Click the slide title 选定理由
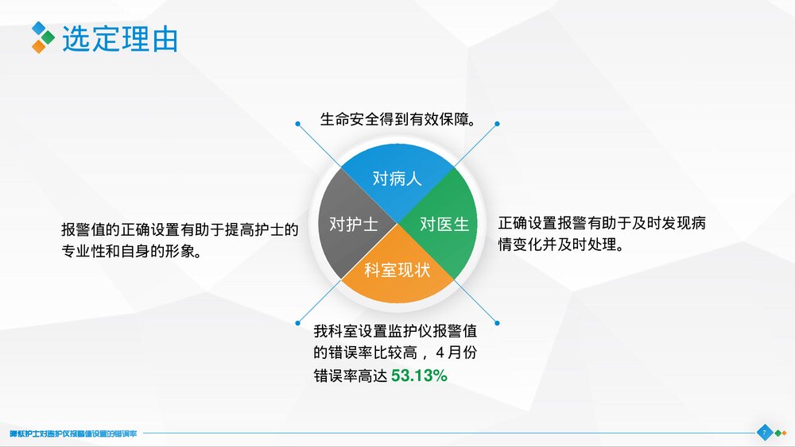[x=120, y=38]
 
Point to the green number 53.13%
[x=419, y=376]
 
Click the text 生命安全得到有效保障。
[x=397, y=120]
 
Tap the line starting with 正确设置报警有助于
[x=602, y=223]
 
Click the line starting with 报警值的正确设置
[x=180, y=229]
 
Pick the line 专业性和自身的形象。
[x=130, y=251]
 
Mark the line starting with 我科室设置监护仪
[x=406, y=330]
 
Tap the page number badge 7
[x=763, y=433]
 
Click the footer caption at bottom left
[x=74, y=434]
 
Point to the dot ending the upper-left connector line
[x=297, y=124]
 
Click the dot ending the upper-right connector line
[x=498, y=124]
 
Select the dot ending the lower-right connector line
[x=498, y=322]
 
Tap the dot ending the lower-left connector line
[x=297, y=322]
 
